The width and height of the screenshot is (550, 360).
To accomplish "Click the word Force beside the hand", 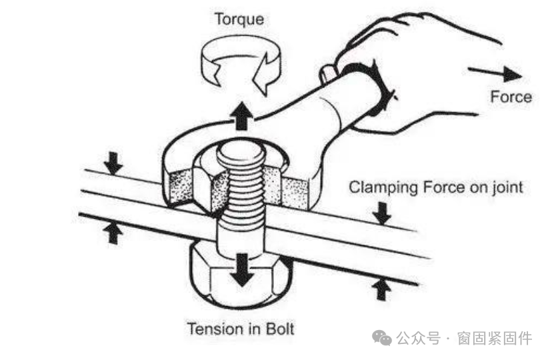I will (x=511, y=97).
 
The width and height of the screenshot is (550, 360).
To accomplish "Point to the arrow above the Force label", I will (x=494, y=72).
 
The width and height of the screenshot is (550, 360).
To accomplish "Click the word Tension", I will (x=215, y=329).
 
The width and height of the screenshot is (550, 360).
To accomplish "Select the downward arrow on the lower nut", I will (x=240, y=270).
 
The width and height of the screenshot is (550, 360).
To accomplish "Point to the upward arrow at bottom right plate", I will (x=381, y=289).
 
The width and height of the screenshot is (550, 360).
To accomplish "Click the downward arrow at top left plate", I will (x=114, y=161).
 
